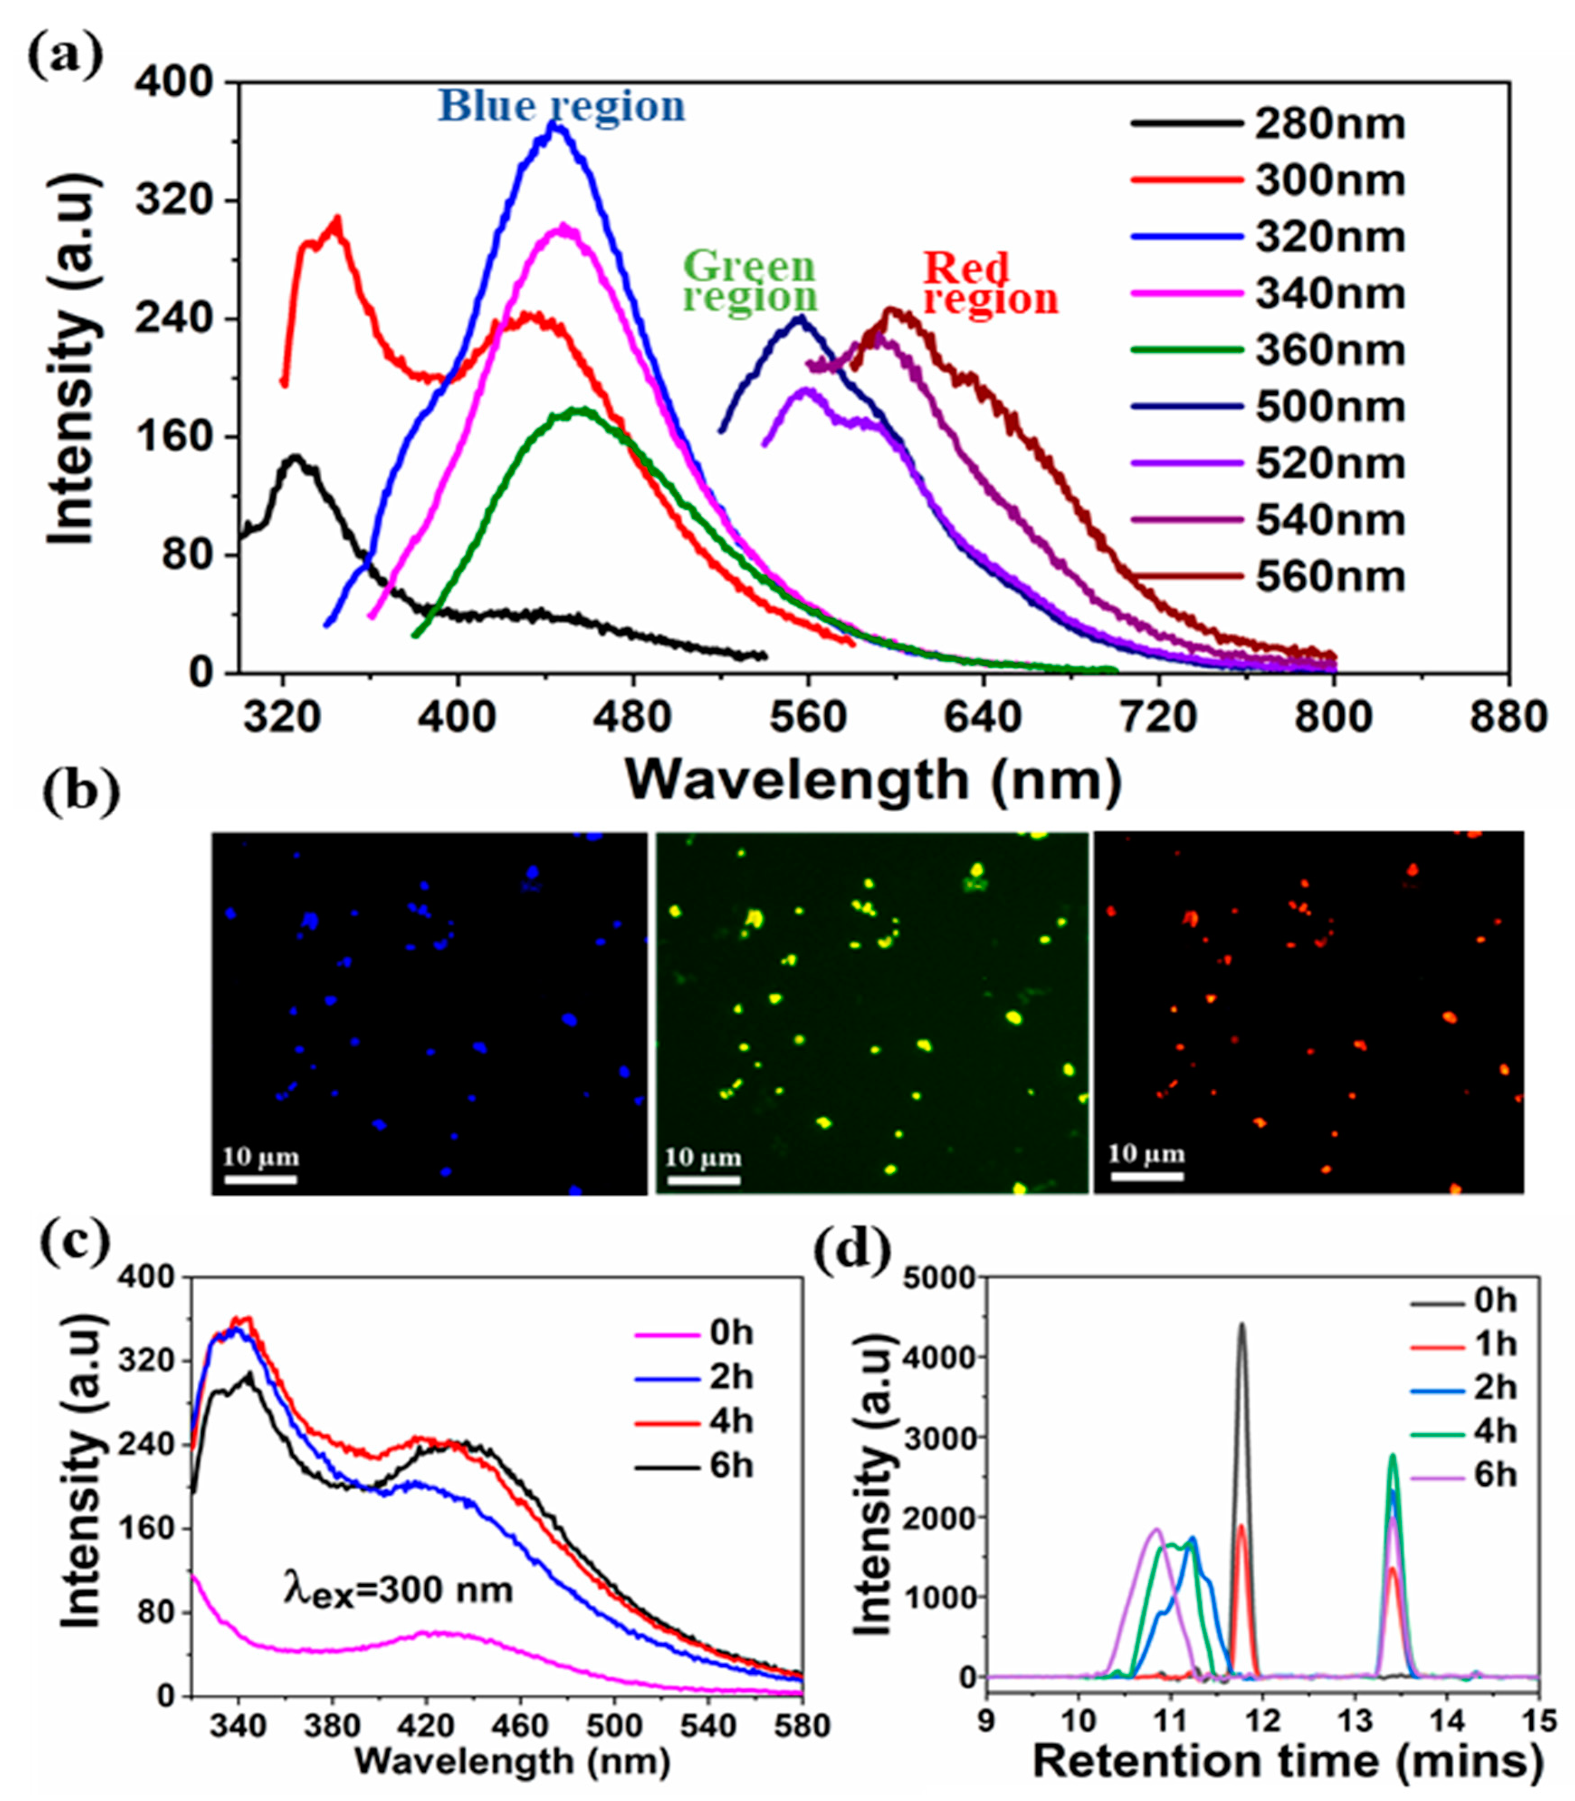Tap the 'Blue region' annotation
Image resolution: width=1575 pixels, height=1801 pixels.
pos(561,106)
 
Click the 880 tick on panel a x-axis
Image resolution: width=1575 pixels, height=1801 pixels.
pos(1508,718)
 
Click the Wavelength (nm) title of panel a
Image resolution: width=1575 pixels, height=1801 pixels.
pos(873,779)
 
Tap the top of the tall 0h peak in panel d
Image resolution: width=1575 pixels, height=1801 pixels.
pos(1242,1323)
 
